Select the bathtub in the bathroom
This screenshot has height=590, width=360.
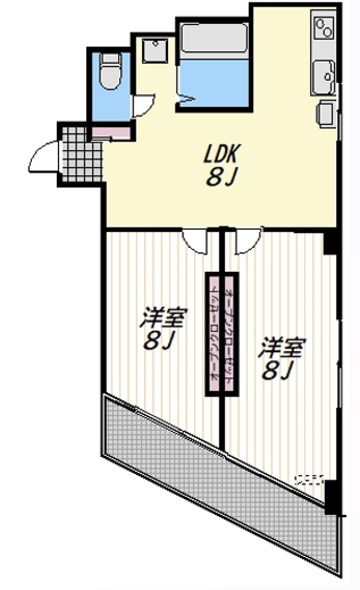[x=214, y=38]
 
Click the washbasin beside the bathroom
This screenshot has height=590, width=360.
[x=155, y=50]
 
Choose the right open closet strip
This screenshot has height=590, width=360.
[x=229, y=334]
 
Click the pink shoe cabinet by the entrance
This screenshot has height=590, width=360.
[x=111, y=132]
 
